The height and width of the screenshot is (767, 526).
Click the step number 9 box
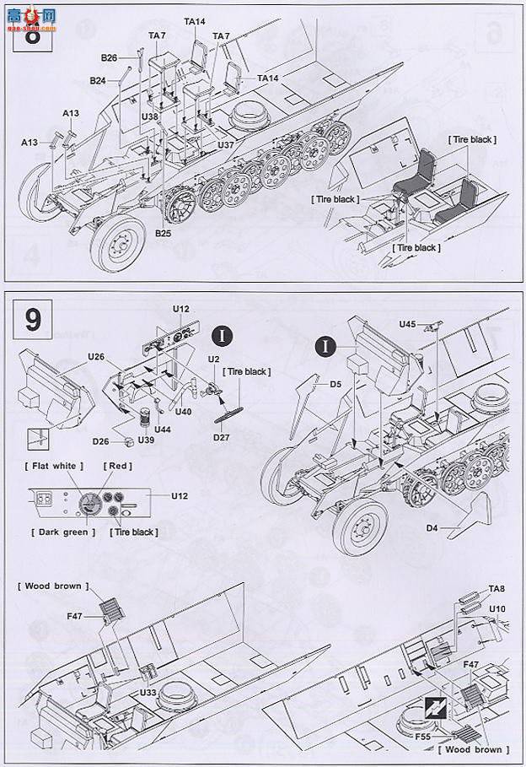32,321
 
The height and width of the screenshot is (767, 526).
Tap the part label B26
109,58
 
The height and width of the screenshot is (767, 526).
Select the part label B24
99,81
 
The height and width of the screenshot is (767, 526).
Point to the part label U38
150,116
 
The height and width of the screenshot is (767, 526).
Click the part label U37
225,145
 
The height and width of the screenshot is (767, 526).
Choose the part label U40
185,411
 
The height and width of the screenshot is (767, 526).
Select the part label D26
100,440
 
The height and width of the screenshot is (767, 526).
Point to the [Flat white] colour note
48,467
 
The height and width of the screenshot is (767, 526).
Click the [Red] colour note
116,467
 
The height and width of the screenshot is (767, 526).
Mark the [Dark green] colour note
62,532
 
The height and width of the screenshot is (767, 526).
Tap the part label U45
408,324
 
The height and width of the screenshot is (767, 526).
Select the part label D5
335,384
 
